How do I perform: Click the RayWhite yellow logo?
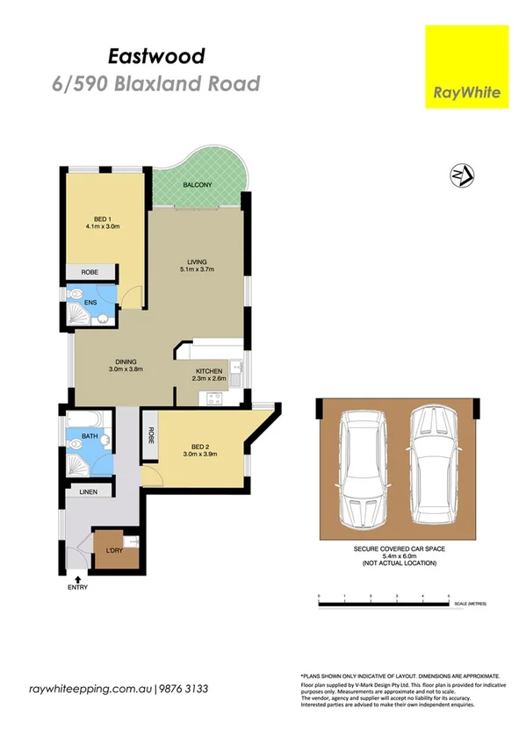[466, 67]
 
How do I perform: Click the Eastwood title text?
[156, 57]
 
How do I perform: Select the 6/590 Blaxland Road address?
[156, 84]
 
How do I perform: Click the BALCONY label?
[197, 186]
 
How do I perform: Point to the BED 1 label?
[102, 219]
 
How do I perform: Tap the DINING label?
[125, 362]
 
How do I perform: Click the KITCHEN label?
[209, 372]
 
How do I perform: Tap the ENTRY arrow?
[79, 579]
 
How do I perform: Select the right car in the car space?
[435, 465]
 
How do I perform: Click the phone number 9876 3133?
[184, 689]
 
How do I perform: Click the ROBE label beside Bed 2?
[151, 435]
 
